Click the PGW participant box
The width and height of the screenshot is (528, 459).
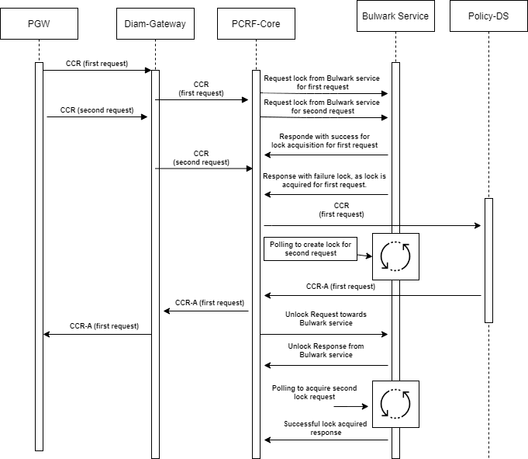point(39,23)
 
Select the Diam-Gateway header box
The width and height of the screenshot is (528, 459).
point(155,23)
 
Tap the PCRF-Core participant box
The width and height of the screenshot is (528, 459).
point(256,23)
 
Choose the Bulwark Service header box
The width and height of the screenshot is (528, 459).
point(395,16)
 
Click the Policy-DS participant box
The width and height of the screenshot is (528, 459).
point(488,16)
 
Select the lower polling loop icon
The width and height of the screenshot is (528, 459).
point(395,404)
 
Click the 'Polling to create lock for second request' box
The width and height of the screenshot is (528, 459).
point(310,249)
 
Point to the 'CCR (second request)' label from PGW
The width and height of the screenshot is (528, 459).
point(97,110)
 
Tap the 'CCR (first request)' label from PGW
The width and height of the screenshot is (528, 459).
point(96,63)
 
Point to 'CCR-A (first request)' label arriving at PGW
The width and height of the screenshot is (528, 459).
point(104,325)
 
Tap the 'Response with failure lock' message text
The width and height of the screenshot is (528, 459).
point(324,181)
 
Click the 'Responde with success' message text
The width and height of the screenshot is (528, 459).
point(325,140)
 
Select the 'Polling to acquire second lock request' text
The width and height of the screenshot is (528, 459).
point(314,391)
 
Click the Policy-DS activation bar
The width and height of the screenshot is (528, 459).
point(488,260)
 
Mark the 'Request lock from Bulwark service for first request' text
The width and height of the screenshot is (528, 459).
point(322,82)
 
